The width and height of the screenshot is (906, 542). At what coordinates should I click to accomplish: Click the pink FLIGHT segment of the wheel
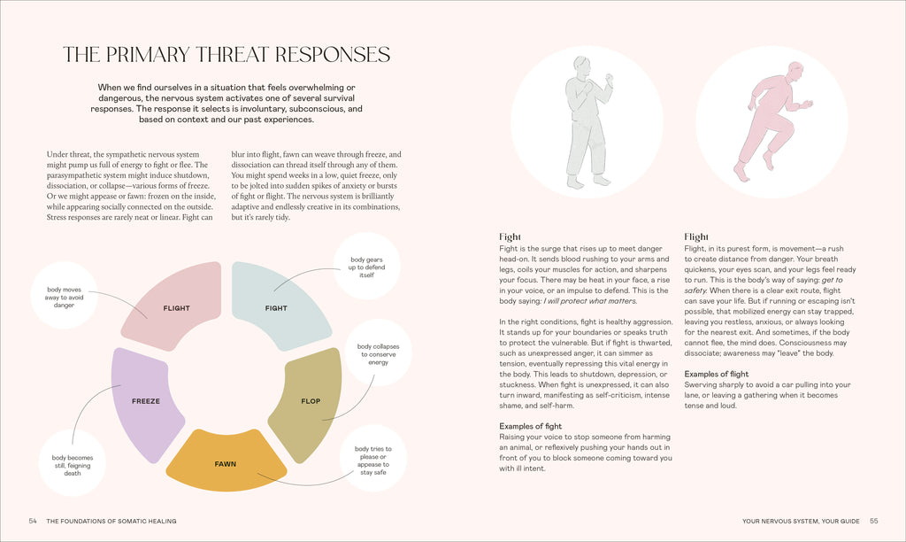click(173, 306)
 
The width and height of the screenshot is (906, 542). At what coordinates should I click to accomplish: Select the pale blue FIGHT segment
click(279, 306)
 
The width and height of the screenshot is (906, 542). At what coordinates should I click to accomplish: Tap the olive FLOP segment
click(306, 402)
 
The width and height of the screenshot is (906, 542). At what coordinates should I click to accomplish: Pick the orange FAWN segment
click(226, 462)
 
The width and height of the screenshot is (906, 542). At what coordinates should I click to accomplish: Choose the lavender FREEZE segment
click(146, 402)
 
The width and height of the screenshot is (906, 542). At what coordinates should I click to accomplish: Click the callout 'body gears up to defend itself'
click(366, 267)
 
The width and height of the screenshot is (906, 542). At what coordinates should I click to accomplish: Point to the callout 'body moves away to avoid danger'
click(64, 296)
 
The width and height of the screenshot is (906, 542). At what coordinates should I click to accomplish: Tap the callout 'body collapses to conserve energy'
click(379, 353)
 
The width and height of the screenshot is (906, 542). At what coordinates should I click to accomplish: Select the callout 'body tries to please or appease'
click(372, 460)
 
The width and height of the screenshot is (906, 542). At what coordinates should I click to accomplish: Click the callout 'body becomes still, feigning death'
click(73, 464)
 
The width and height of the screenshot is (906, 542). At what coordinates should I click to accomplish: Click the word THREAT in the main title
click(234, 54)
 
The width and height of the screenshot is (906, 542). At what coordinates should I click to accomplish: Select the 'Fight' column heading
click(510, 236)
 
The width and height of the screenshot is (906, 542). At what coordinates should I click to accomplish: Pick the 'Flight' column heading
click(696, 236)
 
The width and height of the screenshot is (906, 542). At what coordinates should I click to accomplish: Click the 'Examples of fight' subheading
click(531, 426)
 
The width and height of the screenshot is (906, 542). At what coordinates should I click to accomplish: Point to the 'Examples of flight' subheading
click(717, 375)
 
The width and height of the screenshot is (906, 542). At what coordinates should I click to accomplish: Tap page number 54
click(33, 521)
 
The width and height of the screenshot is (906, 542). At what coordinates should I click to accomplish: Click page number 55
click(873, 521)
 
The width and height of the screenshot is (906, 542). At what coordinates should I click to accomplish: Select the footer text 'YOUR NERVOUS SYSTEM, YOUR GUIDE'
click(801, 521)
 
